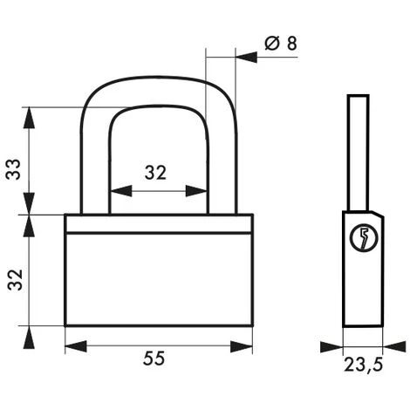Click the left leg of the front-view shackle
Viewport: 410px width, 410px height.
(x=94, y=166)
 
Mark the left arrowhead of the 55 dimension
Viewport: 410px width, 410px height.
(x=71, y=345)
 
